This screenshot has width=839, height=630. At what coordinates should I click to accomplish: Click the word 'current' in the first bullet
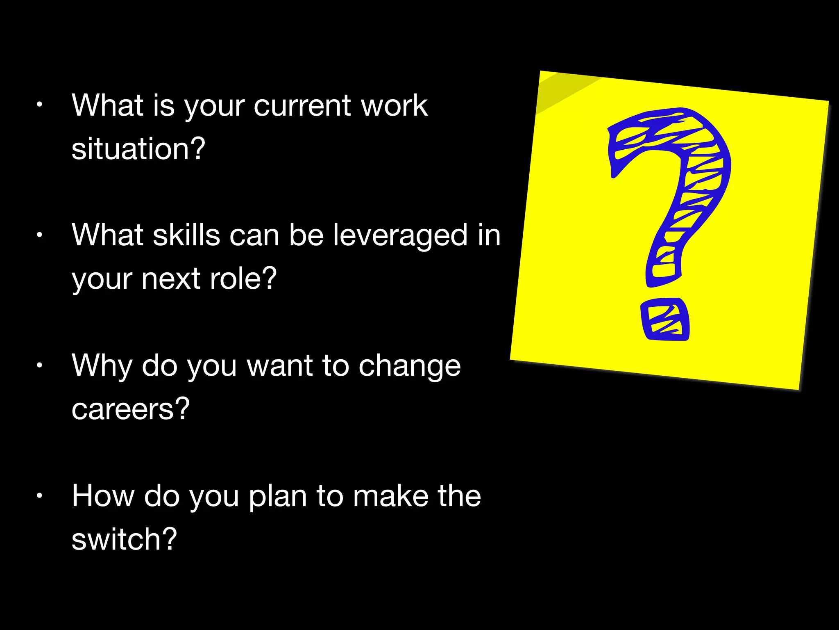(302, 106)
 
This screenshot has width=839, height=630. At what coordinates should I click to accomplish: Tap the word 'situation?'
(138, 148)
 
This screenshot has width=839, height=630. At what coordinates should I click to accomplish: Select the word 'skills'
(186, 235)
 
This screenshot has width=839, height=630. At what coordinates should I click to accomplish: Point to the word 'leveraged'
(400, 236)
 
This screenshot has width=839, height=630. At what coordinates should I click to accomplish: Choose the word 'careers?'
(130, 409)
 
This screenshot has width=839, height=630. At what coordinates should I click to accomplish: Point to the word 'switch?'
(124, 539)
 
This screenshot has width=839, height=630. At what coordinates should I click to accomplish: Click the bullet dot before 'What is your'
(39, 105)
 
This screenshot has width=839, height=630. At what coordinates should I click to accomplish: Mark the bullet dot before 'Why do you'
(39, 365)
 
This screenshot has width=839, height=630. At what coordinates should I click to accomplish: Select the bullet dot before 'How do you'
(39, 495)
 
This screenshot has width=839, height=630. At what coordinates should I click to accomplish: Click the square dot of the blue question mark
(664, 320)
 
